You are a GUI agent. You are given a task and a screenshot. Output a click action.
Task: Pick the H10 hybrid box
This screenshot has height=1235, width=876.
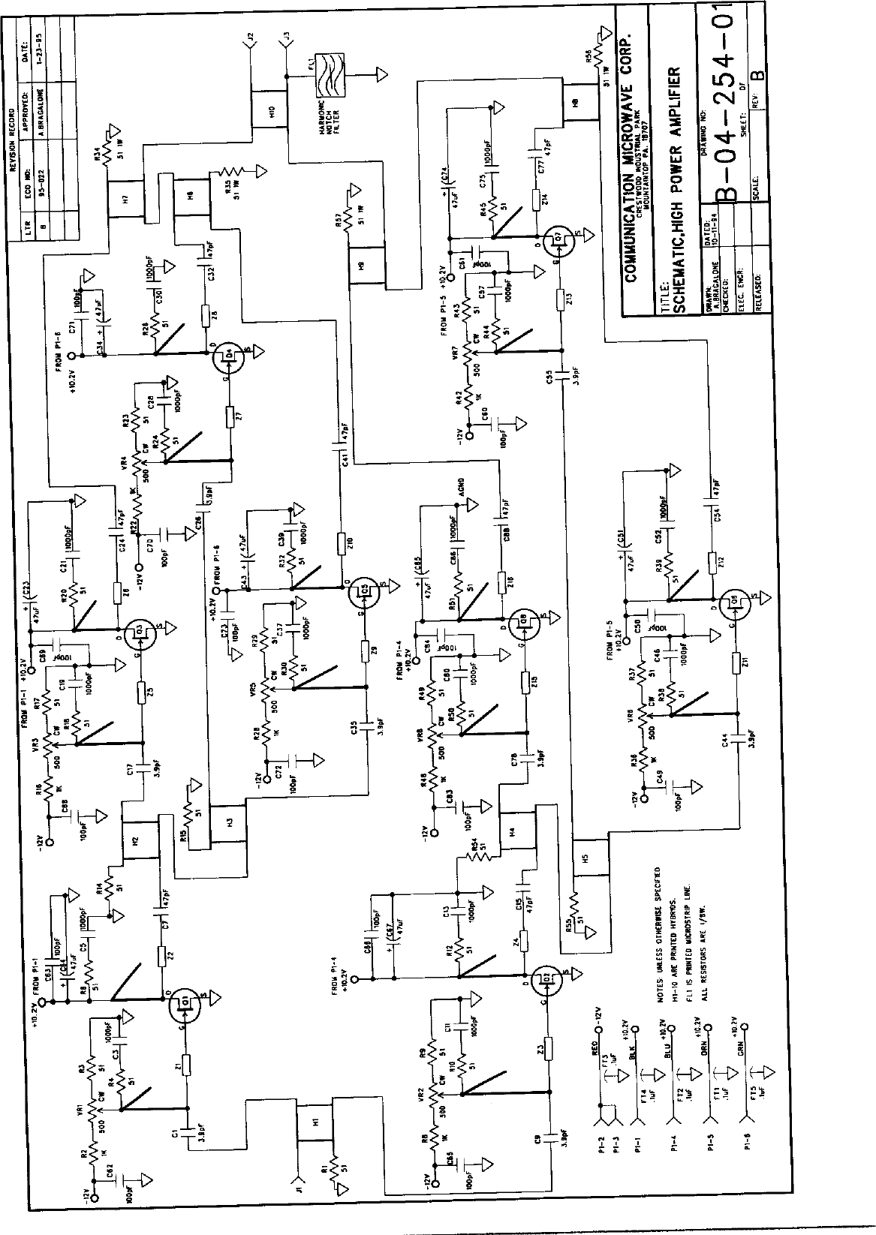(269, 113)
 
